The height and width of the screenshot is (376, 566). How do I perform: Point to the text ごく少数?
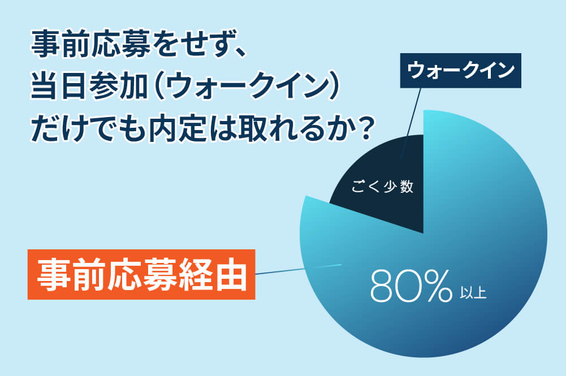[382, 188]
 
